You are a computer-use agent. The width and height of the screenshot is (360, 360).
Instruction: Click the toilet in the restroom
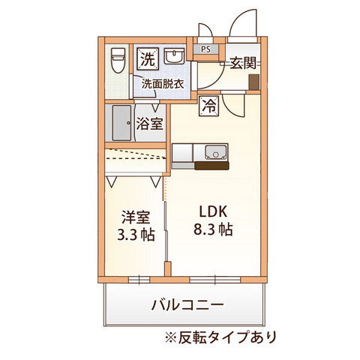(x=118, y=59)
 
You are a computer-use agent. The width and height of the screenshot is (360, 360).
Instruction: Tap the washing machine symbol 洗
(x=147, y=58)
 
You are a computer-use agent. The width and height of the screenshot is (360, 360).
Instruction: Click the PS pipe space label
(x=205, y=50)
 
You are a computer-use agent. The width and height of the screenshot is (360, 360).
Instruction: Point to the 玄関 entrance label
(x=244, y=64)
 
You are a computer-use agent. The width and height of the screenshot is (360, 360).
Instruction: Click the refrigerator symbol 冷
(x=208, y=106)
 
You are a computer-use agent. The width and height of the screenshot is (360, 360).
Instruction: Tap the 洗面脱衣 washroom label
(x=163, y=84)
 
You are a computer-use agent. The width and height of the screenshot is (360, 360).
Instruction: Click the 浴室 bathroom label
(x=149, y=124)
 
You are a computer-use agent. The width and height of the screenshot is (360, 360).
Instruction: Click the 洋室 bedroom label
(x=136, y=217)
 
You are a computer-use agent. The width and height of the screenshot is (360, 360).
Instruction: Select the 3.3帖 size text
(x=136, y=235)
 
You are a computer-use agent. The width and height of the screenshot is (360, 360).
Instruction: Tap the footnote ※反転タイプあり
(x=218, y=336)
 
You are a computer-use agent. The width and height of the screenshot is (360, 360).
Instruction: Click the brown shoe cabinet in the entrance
(x=255, y=82)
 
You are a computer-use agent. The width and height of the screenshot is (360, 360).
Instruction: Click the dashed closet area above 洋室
(x=133, y=162)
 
